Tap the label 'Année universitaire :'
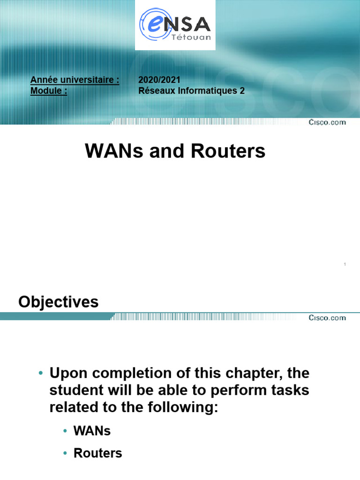tap(75, 80)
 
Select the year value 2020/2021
tap(159, 80)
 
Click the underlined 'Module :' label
tap(49, 91)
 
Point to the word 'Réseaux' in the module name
tap(155, 91)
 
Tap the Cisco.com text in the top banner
tap(327, 122)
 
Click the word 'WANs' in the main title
tap(111, 151)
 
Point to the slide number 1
tap(345, 265)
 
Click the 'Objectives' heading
tap(59, 302)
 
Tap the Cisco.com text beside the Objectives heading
tap(327, 318)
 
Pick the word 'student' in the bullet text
tap(76, 390)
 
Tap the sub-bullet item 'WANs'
tap(92, 431)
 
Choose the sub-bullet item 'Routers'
tap(98, 453)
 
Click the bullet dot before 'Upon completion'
tap(41, 374)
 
